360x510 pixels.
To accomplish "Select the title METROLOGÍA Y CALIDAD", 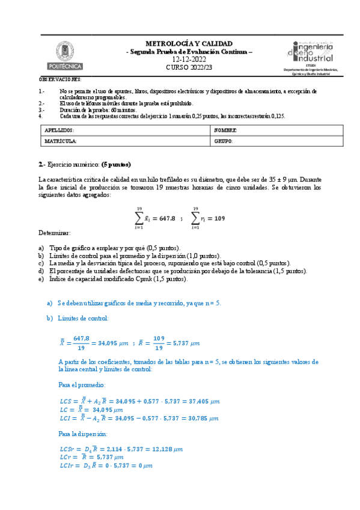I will (189, 44).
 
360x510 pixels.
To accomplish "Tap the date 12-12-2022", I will (189, 60).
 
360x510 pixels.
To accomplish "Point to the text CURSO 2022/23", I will (189, 68).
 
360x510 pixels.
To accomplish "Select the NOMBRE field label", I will (226, 131).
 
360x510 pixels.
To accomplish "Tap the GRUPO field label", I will (224, 141).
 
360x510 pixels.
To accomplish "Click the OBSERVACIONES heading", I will (60, 79).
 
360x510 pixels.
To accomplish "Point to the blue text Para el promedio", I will (82, 383).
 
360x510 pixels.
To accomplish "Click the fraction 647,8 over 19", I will (81, 343).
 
